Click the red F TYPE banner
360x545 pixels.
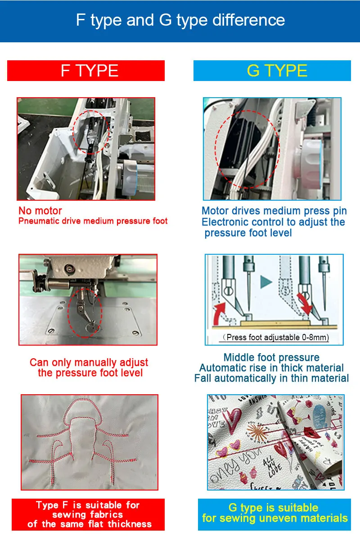pos(86,71)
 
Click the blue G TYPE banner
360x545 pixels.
pos(272,71)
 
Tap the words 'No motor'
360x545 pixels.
pos(40,211)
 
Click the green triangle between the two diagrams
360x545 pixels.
pos(266,282)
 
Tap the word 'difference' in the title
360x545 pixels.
pos(248,20)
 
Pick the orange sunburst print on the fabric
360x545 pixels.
pos(257,432)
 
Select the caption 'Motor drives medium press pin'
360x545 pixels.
pos(274,211)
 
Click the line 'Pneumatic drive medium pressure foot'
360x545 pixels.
pos(93,221)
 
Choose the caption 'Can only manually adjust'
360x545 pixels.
pos(89,362)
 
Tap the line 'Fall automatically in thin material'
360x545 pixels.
pos(271,378)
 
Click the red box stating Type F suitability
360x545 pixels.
pos(88,514)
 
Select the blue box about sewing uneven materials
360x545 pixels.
pos(274,514)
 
